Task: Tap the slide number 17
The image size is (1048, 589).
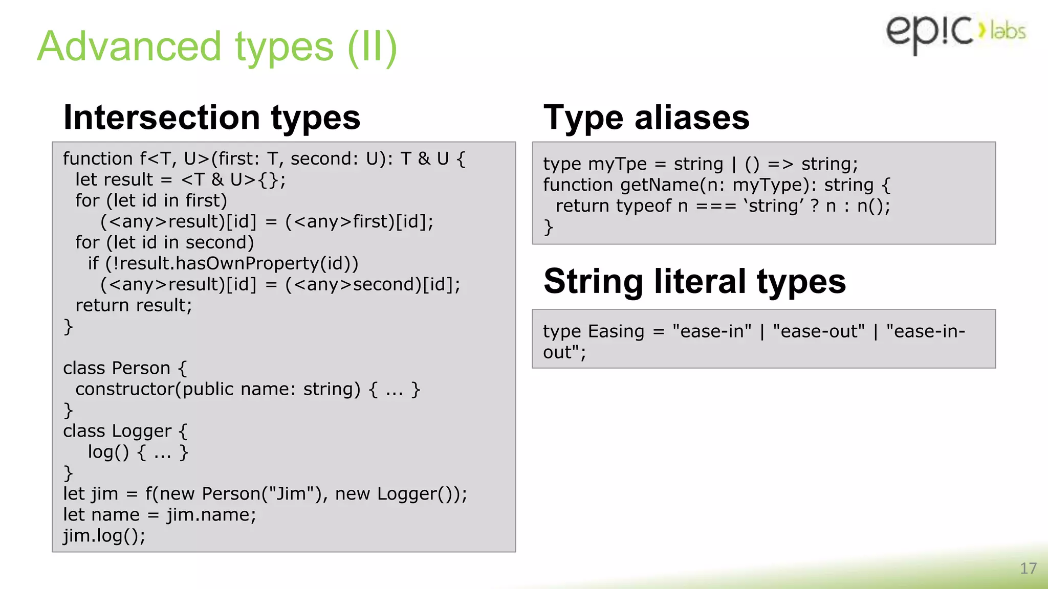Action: tap(1028, 568)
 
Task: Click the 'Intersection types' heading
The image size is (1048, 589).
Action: tap(212, 118)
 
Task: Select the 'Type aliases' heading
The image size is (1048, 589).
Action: tap(646, 118)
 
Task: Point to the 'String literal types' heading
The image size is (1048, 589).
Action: tap(694, 281)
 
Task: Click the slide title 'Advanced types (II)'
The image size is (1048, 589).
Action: tap(217, 47)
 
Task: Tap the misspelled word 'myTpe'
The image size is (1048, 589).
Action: tap(618, 164)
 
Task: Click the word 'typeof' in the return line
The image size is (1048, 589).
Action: tap(643, 206)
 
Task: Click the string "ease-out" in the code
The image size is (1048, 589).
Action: tap(819, 331)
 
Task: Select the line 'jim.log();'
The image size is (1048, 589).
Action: tap(104, 536)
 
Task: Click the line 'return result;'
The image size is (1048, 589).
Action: tap(134, 305)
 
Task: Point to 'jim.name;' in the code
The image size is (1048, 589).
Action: tap(211, 515)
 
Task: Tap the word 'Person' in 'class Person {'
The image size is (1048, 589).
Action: tap(141, 368)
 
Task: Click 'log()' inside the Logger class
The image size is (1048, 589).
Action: tap(108, 452)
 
